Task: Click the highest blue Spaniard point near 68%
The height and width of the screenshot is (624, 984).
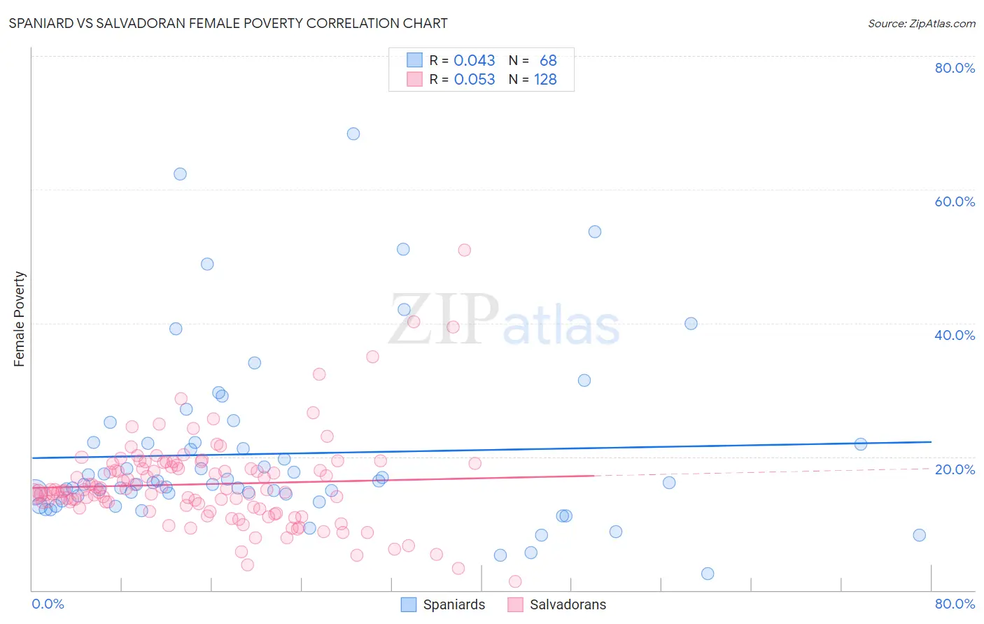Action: tap(353, 134)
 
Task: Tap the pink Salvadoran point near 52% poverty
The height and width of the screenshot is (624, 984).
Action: tap(464, 250)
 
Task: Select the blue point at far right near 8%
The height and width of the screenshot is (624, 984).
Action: tap(919, 535)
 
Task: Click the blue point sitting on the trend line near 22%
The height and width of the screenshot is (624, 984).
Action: tap(861, 444)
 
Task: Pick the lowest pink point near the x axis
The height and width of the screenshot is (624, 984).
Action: tap(515, 581)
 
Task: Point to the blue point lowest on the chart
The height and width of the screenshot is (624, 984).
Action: tap(708, 574)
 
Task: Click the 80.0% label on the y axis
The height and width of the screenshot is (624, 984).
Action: tap(955, 68)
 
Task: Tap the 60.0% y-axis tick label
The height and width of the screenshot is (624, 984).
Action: tap(955, 201)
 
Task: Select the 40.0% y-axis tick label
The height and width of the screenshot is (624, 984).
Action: tap(955, 335)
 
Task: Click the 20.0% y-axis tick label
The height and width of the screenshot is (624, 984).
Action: tap(955, 469)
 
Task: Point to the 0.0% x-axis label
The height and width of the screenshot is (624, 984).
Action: tap(48, 604)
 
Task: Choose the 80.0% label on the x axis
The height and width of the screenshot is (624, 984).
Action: tap(955, 604)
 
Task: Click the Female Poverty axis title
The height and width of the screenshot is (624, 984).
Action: tap(20, 319)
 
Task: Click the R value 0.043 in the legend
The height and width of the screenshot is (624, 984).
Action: tap(474, 61)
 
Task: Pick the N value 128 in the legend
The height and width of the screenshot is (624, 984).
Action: tap(545, 80)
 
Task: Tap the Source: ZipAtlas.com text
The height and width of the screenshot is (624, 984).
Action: tap(921, 24)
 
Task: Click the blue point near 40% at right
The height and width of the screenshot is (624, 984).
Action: tap(691, 323)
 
